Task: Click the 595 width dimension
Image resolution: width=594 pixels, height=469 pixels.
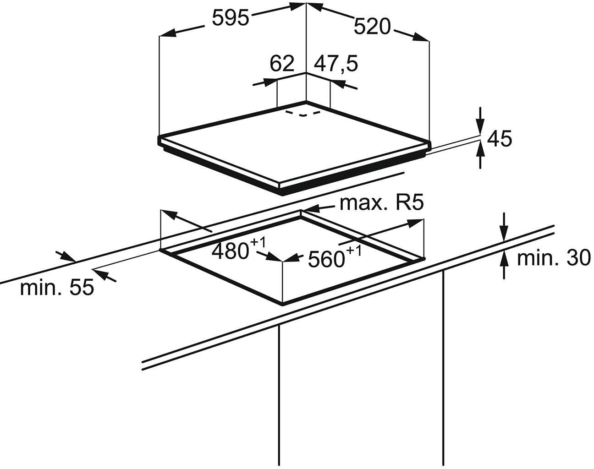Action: [x=231, y=18]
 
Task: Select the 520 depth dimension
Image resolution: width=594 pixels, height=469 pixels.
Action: [x=372, y=27]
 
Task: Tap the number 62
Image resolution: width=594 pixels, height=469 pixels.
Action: [x=281, y=64]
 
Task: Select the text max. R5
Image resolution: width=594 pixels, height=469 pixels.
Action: [x=381, y=203]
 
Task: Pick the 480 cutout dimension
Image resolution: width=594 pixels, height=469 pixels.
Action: [x=231, y=251]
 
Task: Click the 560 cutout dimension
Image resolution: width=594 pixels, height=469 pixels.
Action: [x=326, y=259]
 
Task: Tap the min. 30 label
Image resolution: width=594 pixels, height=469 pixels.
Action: [x=554, y=258]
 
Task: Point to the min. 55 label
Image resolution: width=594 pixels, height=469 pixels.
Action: [x=57, y=288]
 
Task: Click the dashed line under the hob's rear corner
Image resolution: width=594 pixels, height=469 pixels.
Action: [x=303, y=114]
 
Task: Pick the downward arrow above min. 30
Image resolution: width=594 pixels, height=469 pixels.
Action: [x=504, y=227]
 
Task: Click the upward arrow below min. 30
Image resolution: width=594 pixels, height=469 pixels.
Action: [x=504, y=265]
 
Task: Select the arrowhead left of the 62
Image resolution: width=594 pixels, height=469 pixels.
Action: [x=270, y=82]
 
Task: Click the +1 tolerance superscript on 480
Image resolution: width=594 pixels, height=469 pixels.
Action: [x=258, y=243]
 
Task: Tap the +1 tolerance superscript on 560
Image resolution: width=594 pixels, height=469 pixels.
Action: [x=353, y=251]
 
